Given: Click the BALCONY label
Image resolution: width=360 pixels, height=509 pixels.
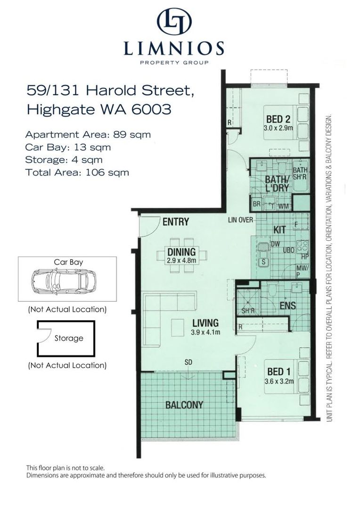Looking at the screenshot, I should click(x=184, y=405).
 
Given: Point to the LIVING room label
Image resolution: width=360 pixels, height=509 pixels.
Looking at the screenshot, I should click(x=205, y=323).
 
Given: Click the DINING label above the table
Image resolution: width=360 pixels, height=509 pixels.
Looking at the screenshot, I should click(x=181, y=252).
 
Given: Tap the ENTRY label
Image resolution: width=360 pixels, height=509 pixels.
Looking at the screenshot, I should click(x=176, y=222).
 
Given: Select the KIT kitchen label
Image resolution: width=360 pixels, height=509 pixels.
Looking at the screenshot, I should click(x=280, y=230).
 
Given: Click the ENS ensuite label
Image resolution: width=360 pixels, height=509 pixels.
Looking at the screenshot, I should click(x=287, y=306).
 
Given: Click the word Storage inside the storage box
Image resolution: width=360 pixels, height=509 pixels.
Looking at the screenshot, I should click(x=69, y=338).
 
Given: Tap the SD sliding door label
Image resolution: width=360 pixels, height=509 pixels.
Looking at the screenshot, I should click(x=188, y=362).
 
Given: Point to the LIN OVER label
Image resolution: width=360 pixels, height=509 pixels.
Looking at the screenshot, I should click(x=240, y=220).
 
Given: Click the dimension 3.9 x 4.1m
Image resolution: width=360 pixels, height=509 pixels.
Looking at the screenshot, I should click(x=205, y=332).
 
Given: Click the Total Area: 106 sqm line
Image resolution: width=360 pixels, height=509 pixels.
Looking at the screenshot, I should click(x=77, y=172).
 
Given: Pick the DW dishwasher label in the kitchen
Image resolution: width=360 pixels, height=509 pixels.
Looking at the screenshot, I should click(x=275, y=244).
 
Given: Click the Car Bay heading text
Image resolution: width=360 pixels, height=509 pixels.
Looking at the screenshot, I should click(x=66, y=262).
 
